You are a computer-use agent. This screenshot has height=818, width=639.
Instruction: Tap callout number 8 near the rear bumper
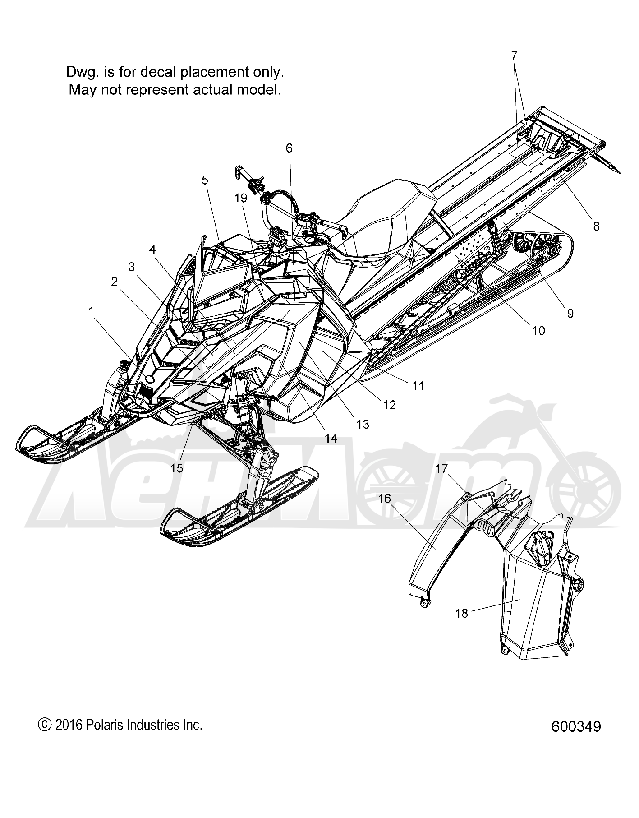[x=596, y=226]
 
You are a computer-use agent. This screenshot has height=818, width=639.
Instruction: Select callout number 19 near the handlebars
[x=241, y=198]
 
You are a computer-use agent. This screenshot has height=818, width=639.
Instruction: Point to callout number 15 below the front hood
[x=177, y=468]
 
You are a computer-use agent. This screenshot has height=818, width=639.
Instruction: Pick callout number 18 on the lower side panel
[x=462, y=613]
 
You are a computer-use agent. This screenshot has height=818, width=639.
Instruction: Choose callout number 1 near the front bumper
[x=92, y=311]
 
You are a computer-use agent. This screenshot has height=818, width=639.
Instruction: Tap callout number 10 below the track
[x=538, y=331]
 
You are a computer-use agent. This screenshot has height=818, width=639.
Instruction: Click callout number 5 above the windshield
[x=205, y=180]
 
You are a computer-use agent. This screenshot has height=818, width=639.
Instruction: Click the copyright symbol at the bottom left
[x=44, y=725]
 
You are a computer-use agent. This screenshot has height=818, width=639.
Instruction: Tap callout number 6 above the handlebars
[x=289, y=148]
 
